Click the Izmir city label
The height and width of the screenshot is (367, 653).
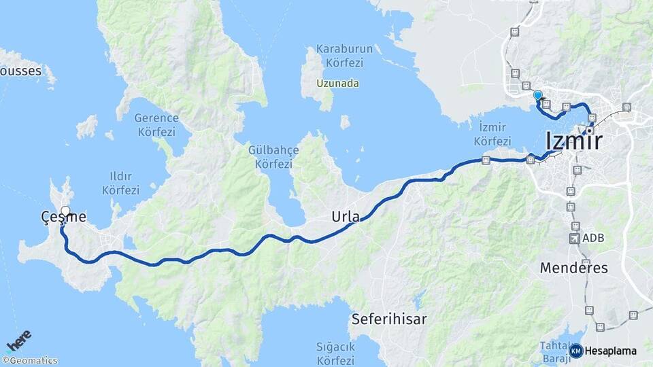click(x=574, y=141)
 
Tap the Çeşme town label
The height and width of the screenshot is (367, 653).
click(x=63, y=217)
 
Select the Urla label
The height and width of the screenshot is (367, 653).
click(x=345, y=217)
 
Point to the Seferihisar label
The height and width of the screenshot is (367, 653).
click(x=389, y=319)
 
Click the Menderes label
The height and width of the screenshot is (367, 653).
click(x=573, y=268)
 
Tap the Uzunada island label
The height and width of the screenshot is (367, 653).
click(x=338, y=84)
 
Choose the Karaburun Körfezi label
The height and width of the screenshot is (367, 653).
click(x=339, y=56)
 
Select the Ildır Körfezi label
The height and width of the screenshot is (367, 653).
click(x=120, y=184)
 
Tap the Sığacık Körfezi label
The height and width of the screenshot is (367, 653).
click(x=335, y=353)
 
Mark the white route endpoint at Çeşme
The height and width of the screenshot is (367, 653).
click(x=65, y=211)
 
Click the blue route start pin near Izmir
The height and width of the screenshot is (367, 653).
click(x=537, y=96)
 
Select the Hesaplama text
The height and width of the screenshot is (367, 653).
click(x=610, y=351)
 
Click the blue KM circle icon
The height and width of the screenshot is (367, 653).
click(x=575, y=351)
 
